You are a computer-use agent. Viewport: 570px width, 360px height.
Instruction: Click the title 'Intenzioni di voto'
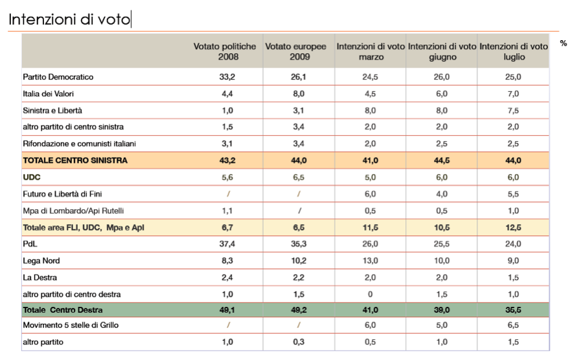69,20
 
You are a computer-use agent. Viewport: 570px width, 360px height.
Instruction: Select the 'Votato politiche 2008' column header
225,52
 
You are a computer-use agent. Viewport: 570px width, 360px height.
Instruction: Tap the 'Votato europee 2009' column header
296,52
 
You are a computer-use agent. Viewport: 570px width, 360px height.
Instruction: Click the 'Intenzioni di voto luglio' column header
513,52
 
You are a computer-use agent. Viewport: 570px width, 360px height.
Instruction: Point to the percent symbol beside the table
563,43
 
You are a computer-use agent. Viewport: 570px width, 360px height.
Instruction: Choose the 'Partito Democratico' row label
58,77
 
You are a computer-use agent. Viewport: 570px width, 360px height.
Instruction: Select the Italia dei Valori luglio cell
513,94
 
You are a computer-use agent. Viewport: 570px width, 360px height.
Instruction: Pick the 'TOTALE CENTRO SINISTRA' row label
75,161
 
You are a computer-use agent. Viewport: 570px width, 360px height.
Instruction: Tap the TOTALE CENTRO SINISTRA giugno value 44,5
442,161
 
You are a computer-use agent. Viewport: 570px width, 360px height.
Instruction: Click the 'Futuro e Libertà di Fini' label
62,194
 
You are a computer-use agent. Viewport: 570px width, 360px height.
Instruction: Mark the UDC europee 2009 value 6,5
299,177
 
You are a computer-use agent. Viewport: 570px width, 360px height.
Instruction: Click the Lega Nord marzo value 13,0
370,261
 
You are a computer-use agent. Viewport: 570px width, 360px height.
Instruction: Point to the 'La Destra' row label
40,278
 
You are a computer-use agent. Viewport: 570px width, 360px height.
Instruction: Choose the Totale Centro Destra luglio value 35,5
513,310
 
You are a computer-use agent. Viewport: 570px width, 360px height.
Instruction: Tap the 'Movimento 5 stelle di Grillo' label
71,325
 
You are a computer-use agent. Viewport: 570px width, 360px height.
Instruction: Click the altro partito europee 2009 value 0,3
299,342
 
